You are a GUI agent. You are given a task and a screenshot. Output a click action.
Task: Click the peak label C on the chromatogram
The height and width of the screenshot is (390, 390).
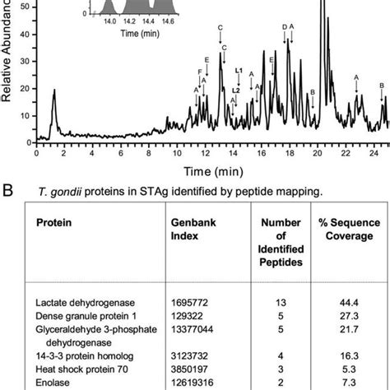[x=220, y=28]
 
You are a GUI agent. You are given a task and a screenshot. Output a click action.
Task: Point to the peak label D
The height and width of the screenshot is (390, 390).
[x=285, y=27]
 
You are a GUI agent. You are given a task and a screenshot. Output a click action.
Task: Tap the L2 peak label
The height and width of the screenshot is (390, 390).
[x=236, y=90]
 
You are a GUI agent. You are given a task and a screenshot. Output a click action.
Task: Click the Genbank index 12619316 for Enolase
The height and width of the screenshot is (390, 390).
[x=193, y=384]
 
